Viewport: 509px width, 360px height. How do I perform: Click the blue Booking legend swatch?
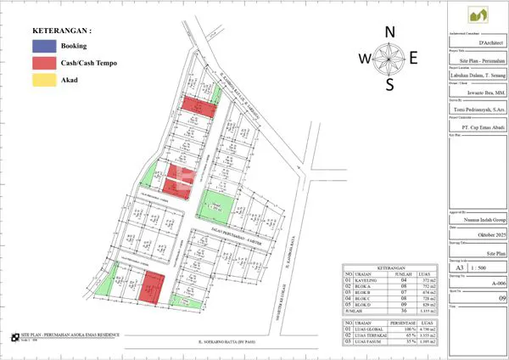point(42,45)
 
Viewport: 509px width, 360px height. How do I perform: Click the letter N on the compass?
point(390,32)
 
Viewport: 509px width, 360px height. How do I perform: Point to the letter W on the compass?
point(363,59)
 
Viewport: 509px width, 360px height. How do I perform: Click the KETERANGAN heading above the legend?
point(63,30)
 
